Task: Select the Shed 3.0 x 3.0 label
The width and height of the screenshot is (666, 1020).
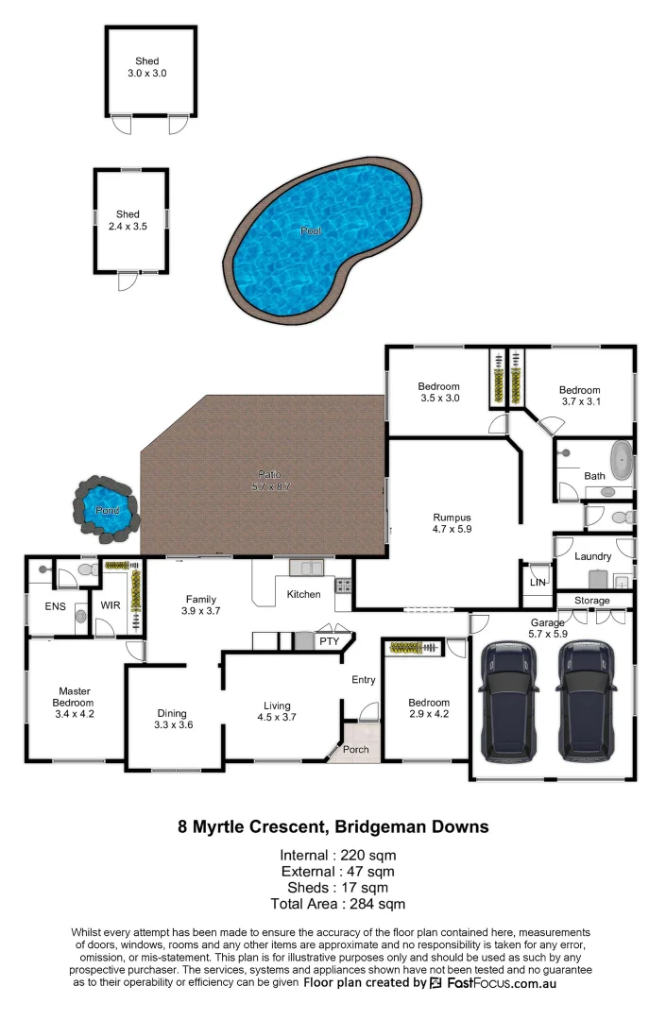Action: point(146,67)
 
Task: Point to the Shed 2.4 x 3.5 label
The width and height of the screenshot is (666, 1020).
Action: point(128,221)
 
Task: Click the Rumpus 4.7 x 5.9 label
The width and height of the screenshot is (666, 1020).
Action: point(452,523)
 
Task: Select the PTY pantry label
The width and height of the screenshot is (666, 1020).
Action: point(329,641)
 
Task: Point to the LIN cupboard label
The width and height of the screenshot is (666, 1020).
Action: point(538,584)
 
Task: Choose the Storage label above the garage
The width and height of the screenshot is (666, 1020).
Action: point(591,601)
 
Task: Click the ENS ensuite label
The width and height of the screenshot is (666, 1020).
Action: point(55,605)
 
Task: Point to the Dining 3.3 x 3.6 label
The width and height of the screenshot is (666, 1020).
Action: point(172,719)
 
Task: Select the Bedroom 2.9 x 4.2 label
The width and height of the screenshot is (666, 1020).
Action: point(429,708)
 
